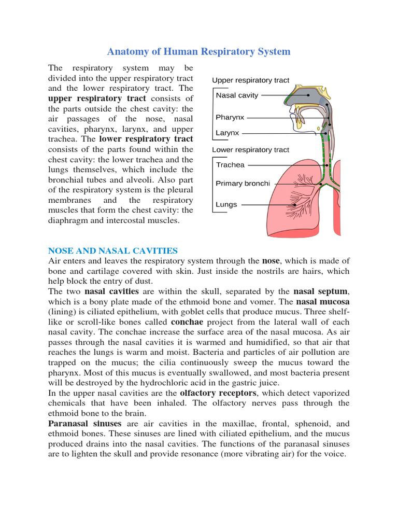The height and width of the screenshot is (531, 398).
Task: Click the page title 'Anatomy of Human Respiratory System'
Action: (x=198, y=51)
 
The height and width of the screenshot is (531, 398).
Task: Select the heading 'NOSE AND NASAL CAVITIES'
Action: (x=113, y=250)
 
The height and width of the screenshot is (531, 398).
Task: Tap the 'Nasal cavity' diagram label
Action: (x=237, y=95)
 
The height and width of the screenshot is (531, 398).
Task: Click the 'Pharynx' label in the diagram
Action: (x=230, y=117)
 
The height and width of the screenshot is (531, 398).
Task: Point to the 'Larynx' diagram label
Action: (x=228, y=133)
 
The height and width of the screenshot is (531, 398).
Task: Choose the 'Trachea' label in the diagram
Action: (x=230, y=165)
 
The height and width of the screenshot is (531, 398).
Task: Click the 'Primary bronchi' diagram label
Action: (x=243, y=183)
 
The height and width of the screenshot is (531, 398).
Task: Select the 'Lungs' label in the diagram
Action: (x=226, y=204)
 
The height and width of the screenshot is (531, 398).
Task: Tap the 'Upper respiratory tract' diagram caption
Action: (x=250, y=80)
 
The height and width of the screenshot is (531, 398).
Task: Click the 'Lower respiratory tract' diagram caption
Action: (x=250, y=150)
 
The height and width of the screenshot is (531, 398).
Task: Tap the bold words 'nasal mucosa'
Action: (x=322, y=301)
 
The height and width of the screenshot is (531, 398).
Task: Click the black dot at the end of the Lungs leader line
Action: (x=295, y=205)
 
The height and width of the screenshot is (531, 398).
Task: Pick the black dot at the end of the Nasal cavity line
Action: (x=308, y=95)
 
